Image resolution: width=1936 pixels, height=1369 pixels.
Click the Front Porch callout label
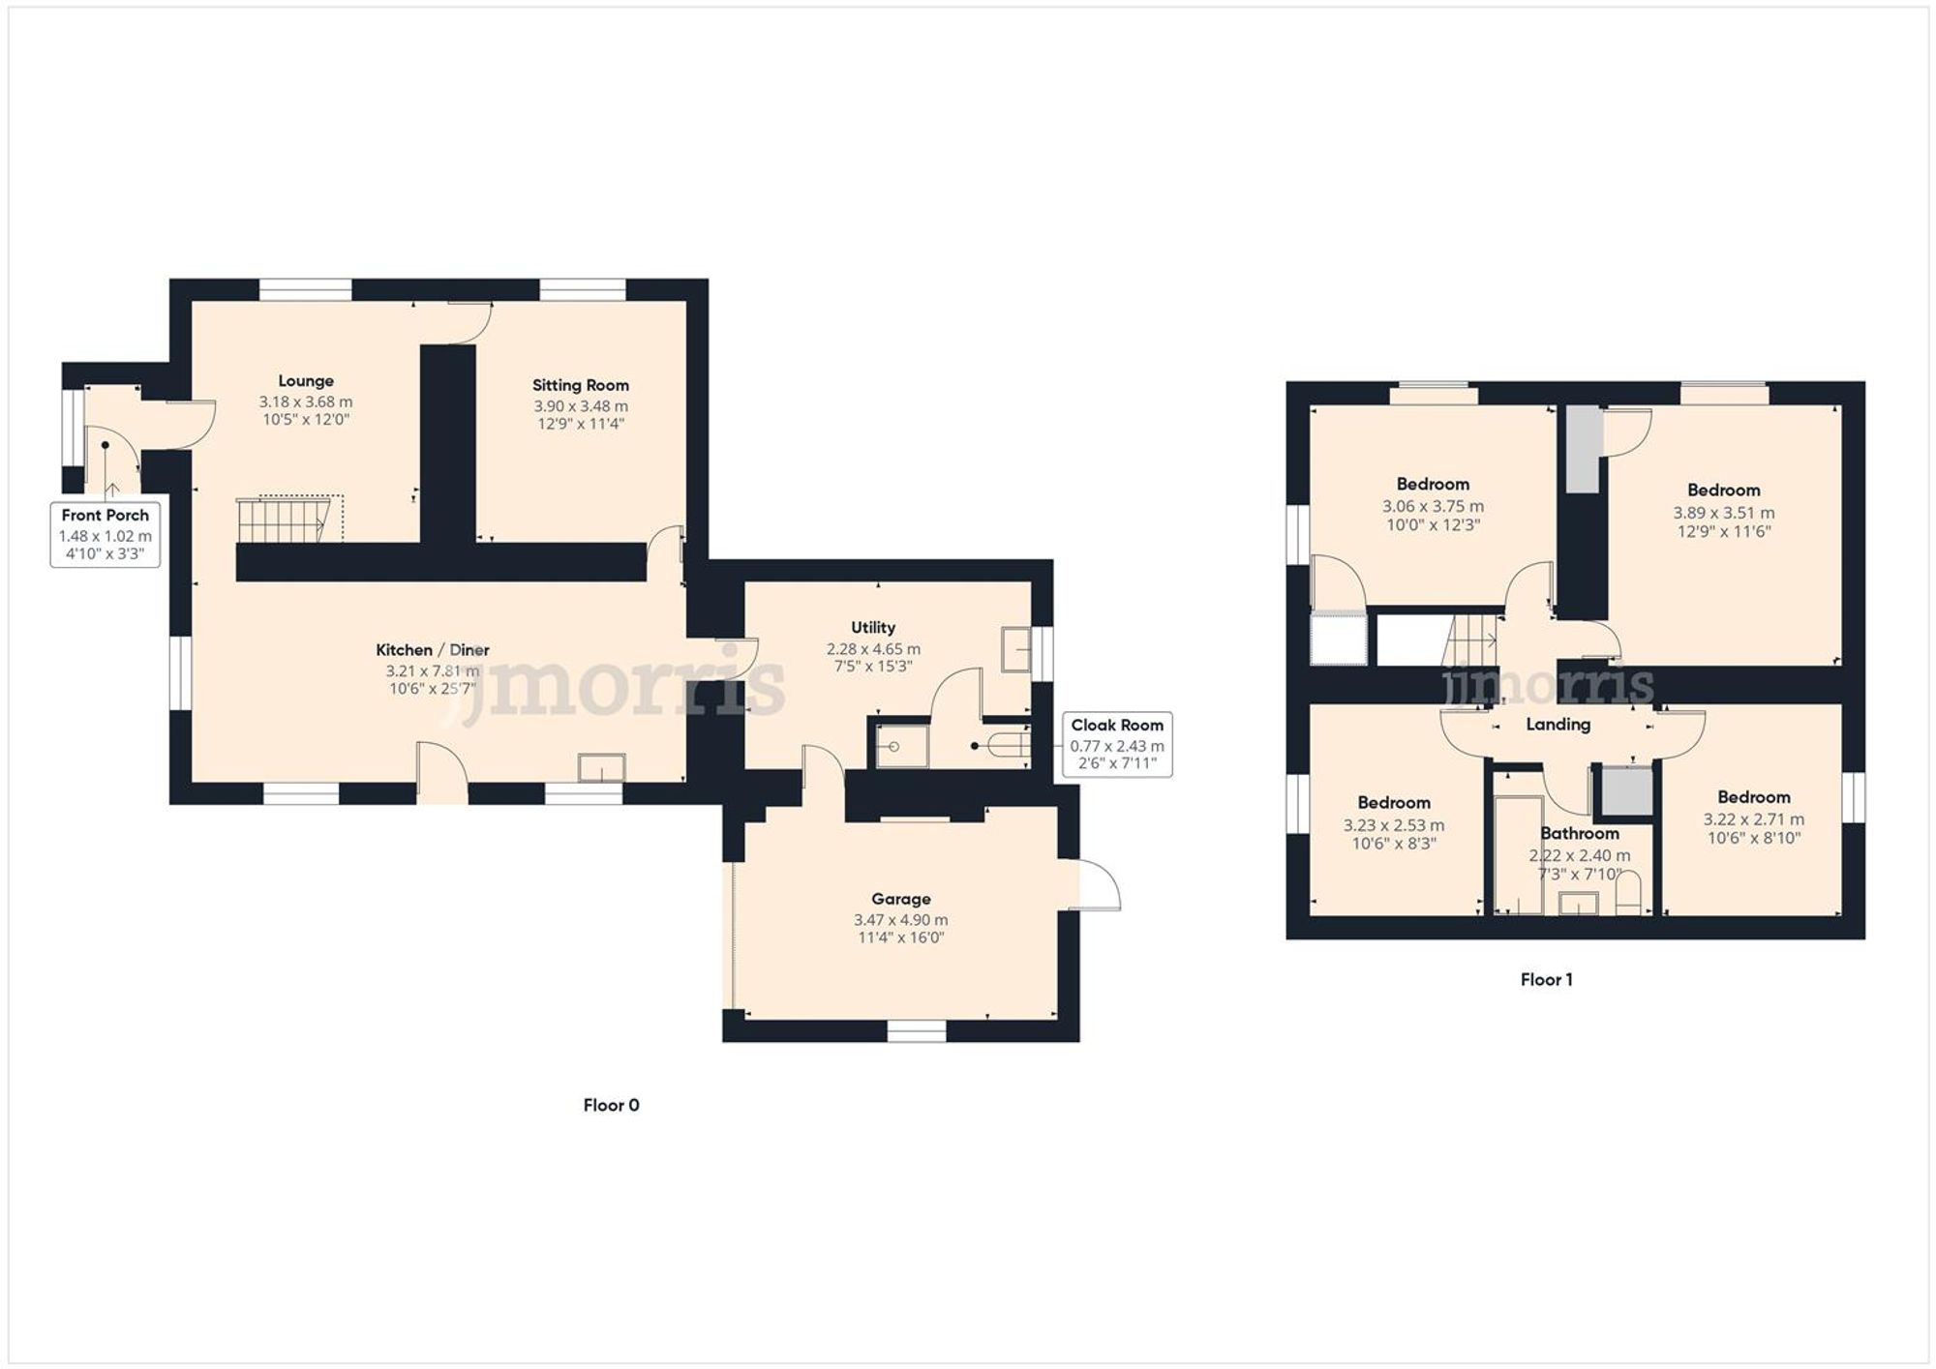pos(105,534)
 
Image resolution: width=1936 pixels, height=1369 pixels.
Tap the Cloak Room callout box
pos(1117,744)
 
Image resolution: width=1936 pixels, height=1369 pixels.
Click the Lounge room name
pos(306,381)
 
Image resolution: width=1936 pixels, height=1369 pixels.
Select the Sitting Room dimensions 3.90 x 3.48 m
pos(580,406)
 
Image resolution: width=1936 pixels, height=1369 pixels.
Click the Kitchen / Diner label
pos(433,650)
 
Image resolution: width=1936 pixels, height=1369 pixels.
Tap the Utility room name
pos(873,627)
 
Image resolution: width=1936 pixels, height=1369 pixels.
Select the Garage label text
pos(900,899)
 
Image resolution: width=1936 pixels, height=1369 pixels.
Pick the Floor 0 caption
pos(611,1105)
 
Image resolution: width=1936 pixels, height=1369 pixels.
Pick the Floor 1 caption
pos(1546,979)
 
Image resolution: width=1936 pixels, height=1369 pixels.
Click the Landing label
pos(1558,724)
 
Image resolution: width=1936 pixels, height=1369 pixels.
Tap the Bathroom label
pos(1579,833)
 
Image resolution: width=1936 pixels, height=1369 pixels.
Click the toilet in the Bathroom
pos(1629,893)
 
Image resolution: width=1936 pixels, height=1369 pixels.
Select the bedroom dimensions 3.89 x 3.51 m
pos(1723,513)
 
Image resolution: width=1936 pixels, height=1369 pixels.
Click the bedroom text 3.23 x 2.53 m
pos(1393,825)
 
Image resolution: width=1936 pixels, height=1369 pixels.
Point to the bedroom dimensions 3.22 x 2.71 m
pos(1753,818)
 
